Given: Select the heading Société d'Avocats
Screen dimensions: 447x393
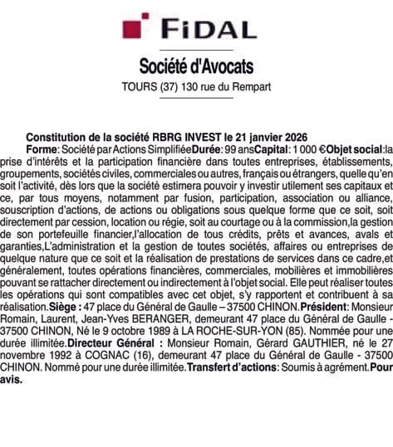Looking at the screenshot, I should (x=195, y=65).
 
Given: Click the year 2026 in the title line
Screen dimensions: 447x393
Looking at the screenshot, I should (x=292, y=136).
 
